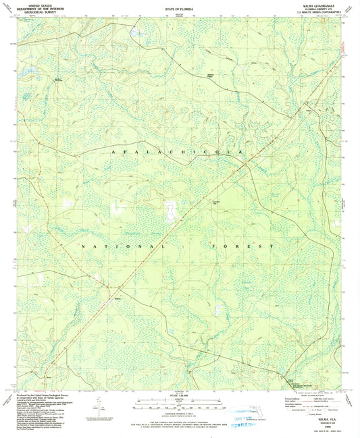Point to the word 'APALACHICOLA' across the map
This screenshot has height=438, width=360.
pyautogui.click(x=179, y=155)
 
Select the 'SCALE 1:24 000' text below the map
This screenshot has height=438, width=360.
pyautogui.click(x=179, y=397)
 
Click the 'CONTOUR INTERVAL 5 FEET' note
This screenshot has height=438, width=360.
pyautogui.click(x=179, y=414)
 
